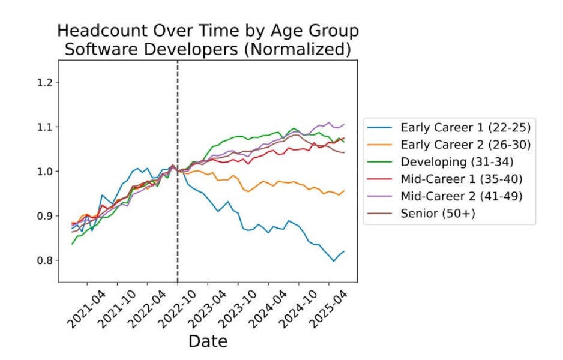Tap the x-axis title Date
coord(208,341)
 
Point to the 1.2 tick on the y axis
coord(46,82)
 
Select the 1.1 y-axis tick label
coord(46,127)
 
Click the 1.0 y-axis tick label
coord(46,171)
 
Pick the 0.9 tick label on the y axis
coord(46,215)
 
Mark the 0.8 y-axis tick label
coord(46,260)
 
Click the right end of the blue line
coord(343,251)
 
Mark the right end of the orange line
coord(343,191)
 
